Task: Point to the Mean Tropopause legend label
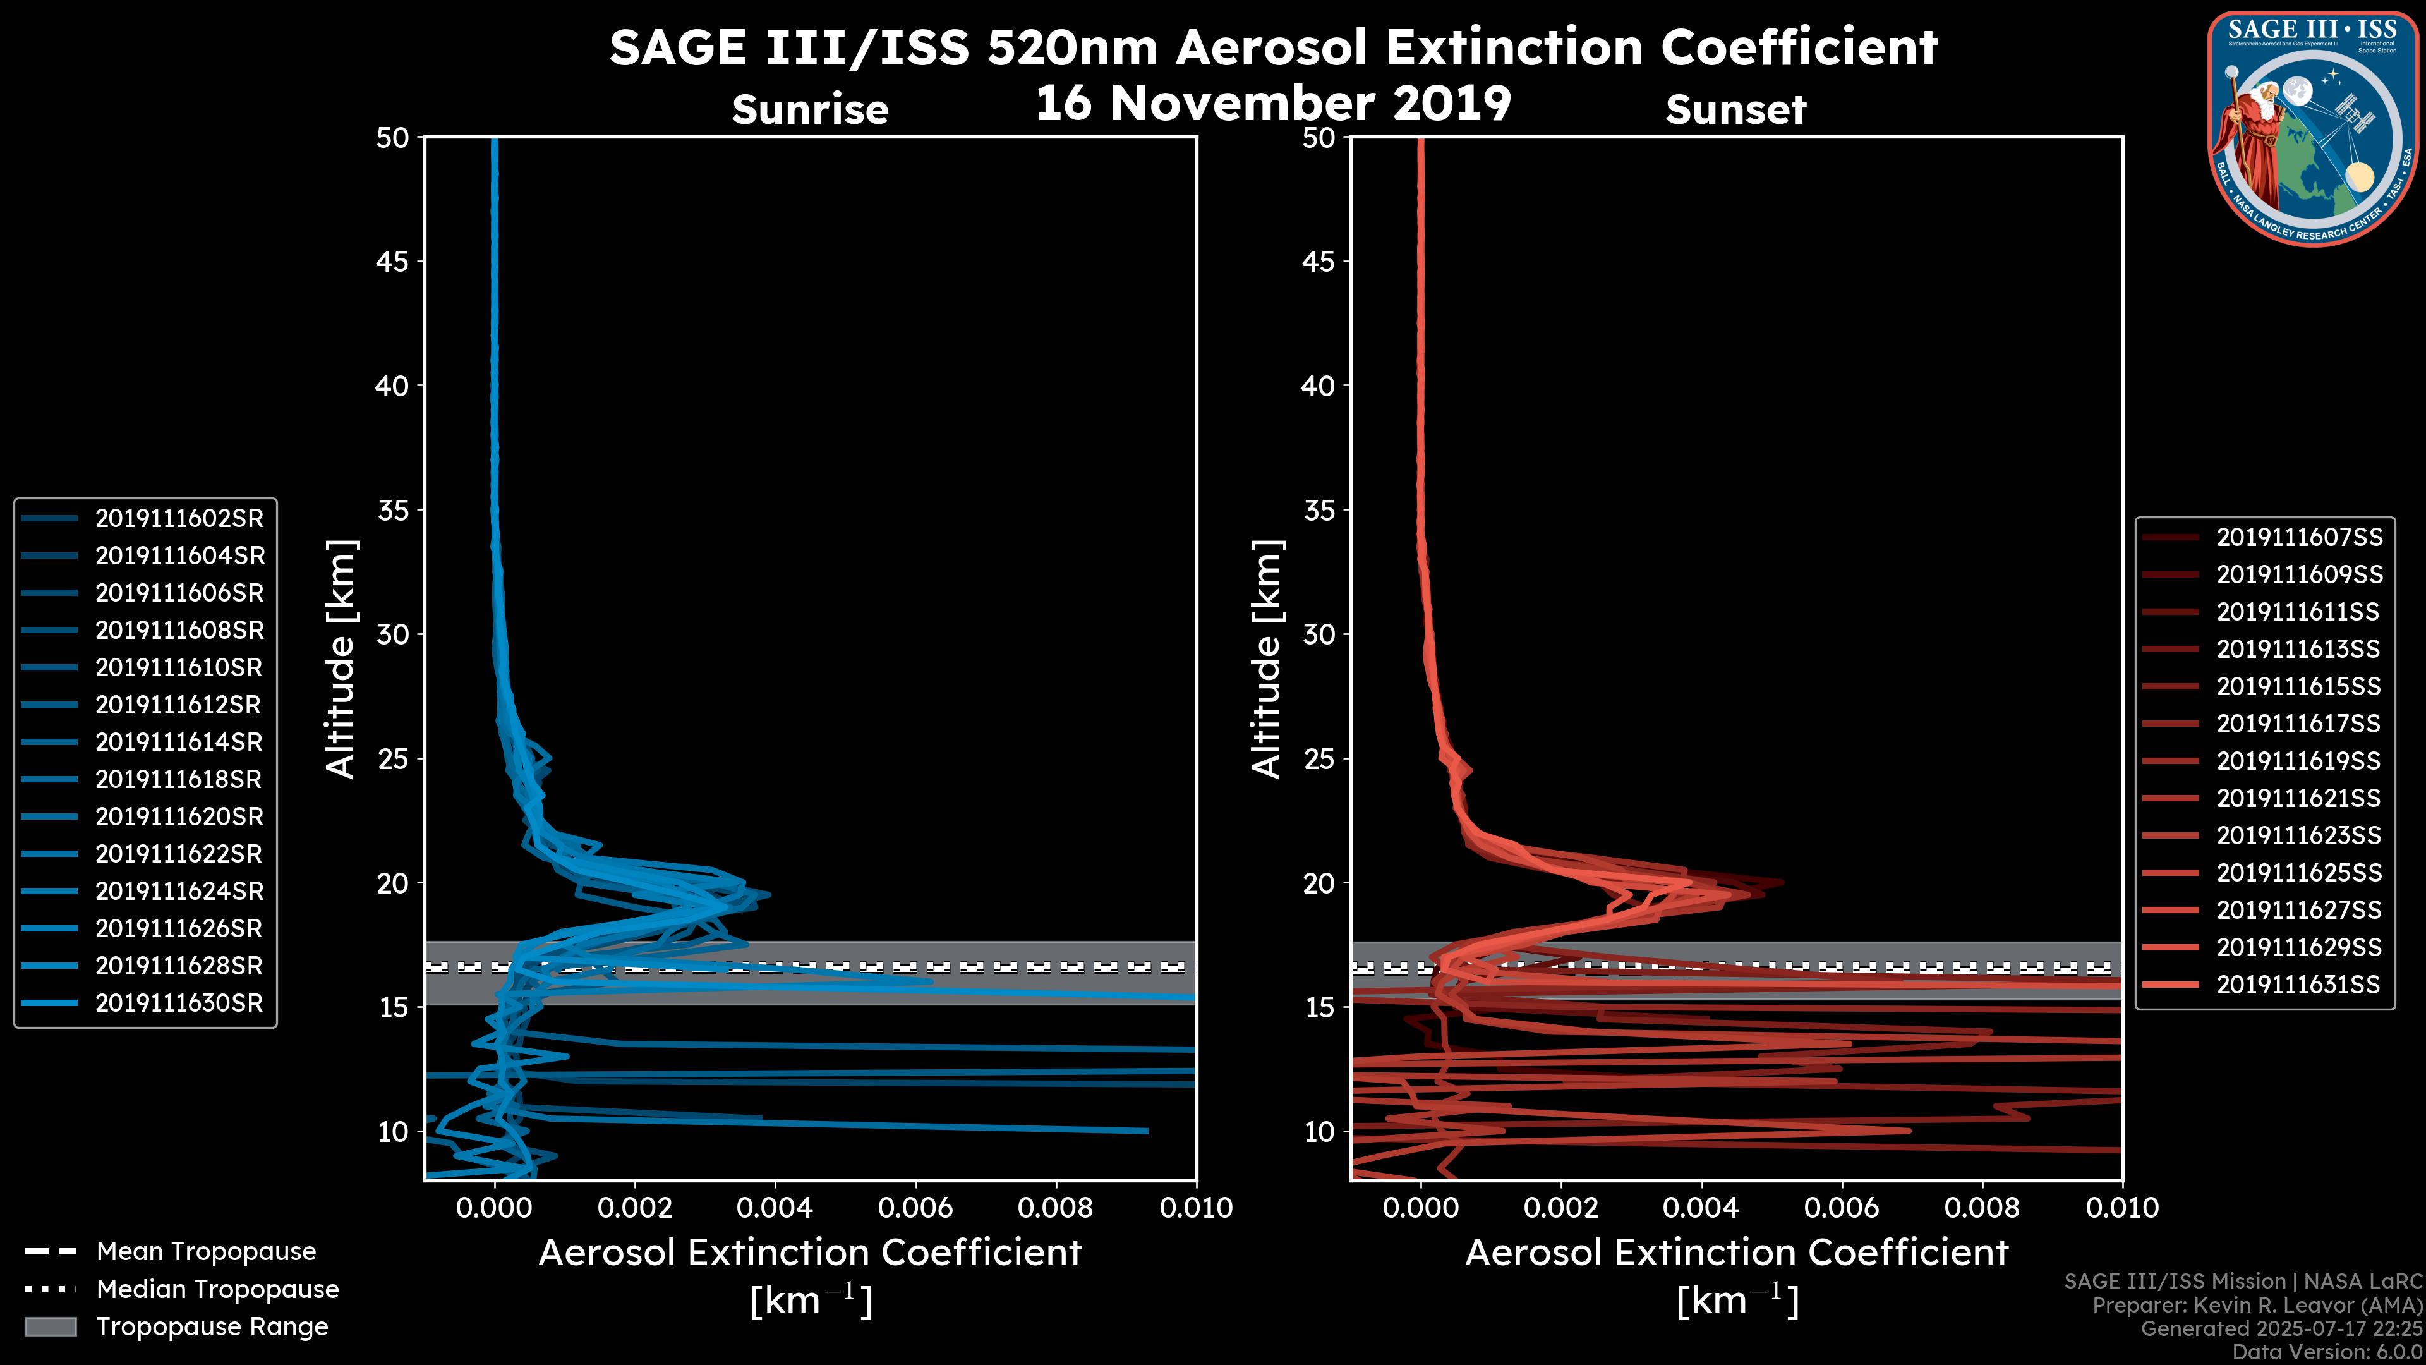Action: point(205,1251)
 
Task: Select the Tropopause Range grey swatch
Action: point(50,1326)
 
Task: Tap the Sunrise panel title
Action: point(810,110)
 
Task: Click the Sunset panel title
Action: point(1735,110)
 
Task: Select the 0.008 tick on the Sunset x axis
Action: point(1982,1208)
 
